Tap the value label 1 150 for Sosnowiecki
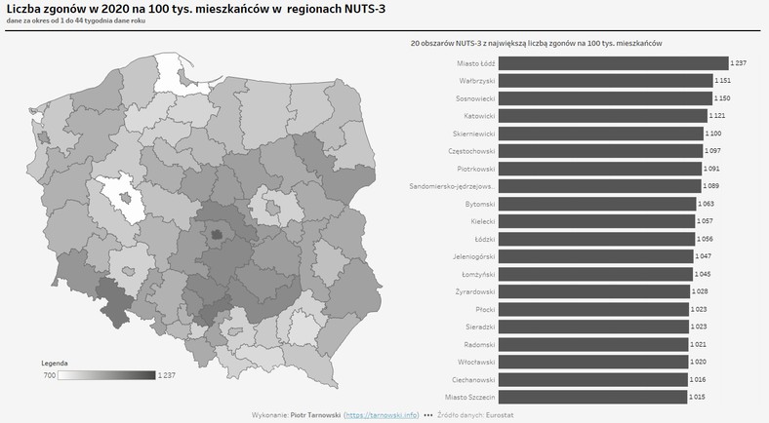pos(723,98)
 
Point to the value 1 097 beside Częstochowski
pos(714,151)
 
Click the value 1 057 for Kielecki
pos(706,221)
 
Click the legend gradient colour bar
pos(106,375)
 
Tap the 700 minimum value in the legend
pos(49,375)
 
